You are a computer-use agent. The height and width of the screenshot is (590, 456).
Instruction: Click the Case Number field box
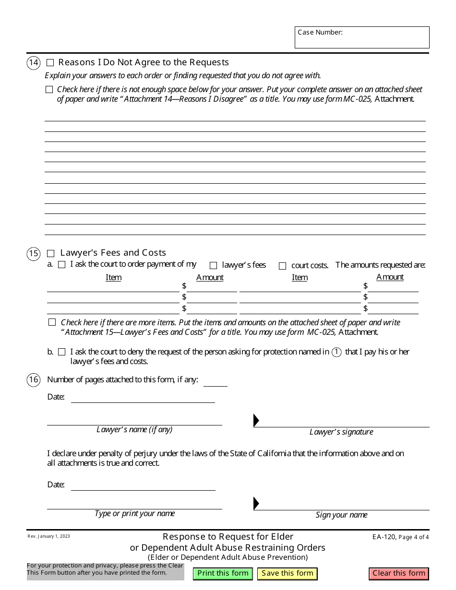[362, 37]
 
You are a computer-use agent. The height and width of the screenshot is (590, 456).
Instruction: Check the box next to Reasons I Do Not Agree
[50, 63]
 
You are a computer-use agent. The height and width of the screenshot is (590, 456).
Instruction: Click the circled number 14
[34, 63]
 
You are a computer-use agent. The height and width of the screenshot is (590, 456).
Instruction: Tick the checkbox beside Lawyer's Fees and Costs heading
[51, 253]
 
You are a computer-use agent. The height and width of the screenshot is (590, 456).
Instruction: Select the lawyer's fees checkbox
[213, 266]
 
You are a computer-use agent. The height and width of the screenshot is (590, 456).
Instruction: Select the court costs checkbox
[282, 266]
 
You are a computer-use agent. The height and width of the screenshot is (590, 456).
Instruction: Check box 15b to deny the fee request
[61, 352]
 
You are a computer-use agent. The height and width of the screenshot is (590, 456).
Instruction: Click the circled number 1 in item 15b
[337, 352]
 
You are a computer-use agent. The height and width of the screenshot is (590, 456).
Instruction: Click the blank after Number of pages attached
[215, 381]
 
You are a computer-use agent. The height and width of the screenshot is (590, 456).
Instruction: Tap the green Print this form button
[223, 573]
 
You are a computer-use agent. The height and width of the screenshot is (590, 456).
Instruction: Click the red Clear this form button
[399, 573]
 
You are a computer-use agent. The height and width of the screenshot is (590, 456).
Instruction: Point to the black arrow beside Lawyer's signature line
[256, 421]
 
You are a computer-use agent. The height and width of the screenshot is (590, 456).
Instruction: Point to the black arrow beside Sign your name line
[256, 503]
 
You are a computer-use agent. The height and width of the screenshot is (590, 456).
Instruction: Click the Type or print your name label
[134, 514]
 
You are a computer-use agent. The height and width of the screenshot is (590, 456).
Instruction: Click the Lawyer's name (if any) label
[134, 430]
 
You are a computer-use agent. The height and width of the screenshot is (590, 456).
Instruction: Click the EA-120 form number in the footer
[387, 537]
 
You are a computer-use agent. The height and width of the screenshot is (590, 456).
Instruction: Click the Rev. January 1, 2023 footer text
[48, 536]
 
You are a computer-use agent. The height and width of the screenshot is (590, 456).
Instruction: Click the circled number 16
[34, 380]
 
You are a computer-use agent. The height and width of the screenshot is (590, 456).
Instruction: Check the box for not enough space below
[49, 90]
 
